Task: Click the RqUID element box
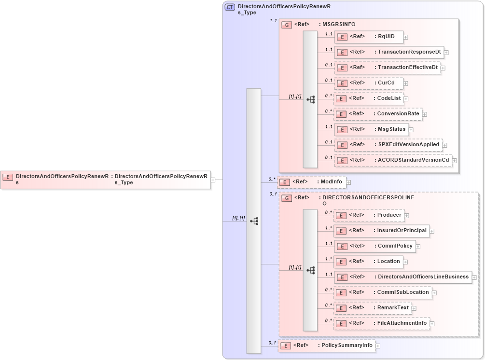point(369,37)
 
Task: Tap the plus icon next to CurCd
point(406,83)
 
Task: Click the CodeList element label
point(389,98)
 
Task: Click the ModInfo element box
point(311,182)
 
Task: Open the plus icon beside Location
point(406,262)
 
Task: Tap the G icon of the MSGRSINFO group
point(287,25)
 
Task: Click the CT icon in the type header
point(230,7)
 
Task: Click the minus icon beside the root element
point(213,180)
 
